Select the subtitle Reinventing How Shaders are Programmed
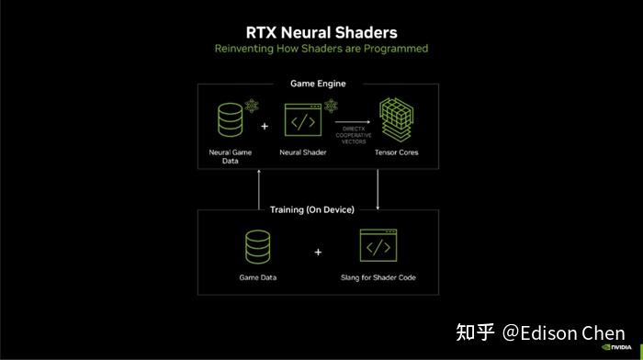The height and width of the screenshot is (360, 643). click(x=321, y=48)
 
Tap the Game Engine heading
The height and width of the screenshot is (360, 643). click(x=318, y=84)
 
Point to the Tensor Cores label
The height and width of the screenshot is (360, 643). click(x=396, y=152)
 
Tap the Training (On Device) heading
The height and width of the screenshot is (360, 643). click(x=311, y=209)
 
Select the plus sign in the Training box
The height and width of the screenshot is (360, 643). click(x=318, y=251)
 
